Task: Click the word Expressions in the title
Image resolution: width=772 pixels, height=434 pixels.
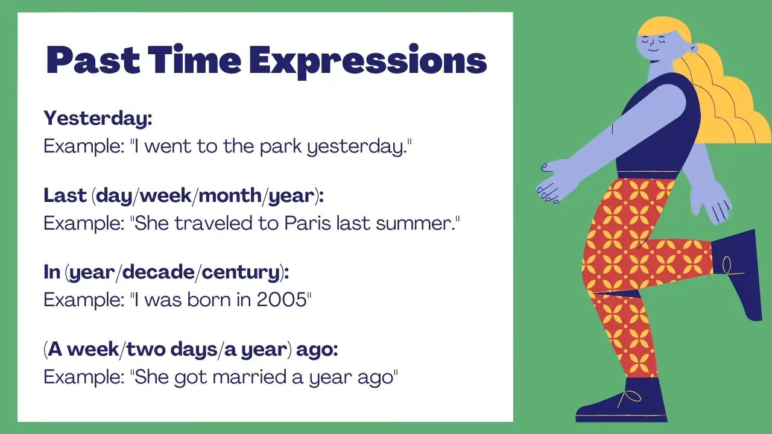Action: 368,61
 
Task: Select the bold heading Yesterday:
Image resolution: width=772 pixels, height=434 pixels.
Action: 98,119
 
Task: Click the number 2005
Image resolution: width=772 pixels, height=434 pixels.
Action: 282,300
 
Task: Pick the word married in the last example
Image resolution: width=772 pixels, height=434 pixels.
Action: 249,377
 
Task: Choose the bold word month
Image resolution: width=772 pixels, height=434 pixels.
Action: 230,196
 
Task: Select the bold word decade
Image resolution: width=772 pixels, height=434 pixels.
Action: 158,272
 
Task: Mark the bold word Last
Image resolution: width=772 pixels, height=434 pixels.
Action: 65,196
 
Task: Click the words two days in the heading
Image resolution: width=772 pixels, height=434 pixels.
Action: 172,350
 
